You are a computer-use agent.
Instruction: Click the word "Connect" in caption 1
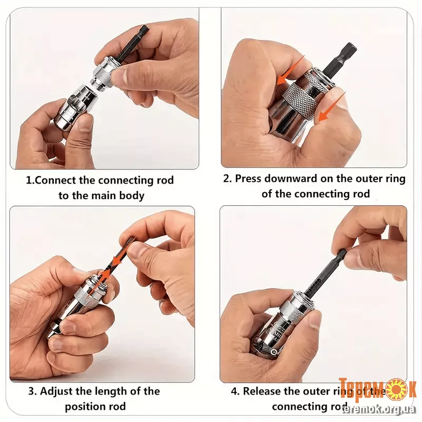coord(55,180)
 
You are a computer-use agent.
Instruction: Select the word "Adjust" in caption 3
coord(56,391)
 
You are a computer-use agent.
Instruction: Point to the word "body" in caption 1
coord(132,196)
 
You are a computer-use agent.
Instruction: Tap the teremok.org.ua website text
coord(379,409)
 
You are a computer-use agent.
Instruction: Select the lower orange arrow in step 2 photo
coord(332,107)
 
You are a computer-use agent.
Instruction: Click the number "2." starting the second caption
coord(228,178)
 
